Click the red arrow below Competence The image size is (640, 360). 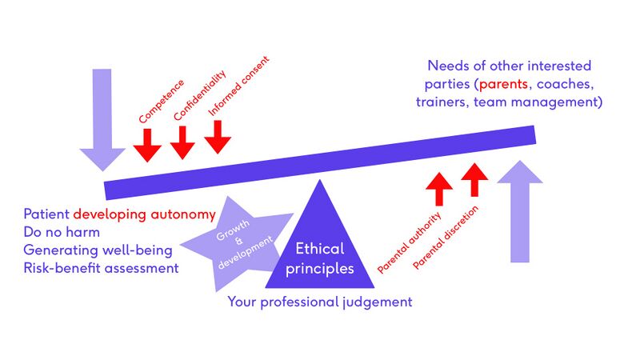[x=147, y=146]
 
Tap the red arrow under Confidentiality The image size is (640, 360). [x=182, y=142]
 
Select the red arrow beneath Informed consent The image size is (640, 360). [x=218, y=137]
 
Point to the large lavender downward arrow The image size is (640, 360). [x=102, y=119]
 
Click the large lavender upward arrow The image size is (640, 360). [x=519, y=211]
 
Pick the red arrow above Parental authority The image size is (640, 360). [x=439, y=189]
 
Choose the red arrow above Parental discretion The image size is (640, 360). [x=474, y=180]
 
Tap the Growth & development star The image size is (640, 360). [x=237, y=244]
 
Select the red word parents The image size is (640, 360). [x=503, y=84]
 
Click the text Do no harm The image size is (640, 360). [x=62, y=232]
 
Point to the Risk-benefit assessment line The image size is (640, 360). [x=102, y=268]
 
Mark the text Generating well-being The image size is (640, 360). [x=98, y=250]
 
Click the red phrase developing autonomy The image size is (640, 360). [x=145, y=214]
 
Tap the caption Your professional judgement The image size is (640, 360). [x=320, y=302]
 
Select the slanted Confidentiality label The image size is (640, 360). [x=199, y=95]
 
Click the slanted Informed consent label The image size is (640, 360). [x=238, y=86]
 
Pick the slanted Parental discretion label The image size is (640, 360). [x=446, y=238]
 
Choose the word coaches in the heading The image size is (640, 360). [x=565, y=84]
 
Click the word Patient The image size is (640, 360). [x=46, y=214]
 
